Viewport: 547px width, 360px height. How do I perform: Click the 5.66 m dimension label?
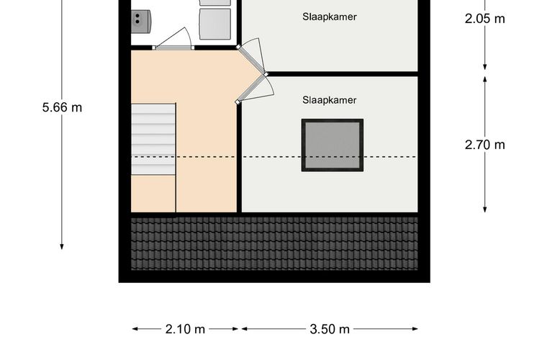click(62, 107)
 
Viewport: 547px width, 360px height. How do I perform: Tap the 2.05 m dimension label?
click(485, 19)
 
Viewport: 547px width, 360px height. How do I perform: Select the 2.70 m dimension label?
click(485, 145)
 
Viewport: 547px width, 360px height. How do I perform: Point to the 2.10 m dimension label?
click(185, 329)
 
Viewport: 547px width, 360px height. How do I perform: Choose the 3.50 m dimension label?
click(330, 329)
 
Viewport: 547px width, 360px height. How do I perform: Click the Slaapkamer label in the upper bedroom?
click(330, 17)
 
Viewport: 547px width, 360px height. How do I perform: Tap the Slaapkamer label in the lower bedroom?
click(330, 100)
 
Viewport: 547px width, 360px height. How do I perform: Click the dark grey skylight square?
click(333, 145)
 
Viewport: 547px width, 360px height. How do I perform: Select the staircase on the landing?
click(153, 139)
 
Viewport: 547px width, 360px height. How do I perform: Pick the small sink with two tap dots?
click(140, 22)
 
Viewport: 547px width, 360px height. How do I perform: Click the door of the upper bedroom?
click(252, 60)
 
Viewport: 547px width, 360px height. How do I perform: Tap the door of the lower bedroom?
click(253, 89)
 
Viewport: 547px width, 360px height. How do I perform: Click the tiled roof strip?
click(274, 243)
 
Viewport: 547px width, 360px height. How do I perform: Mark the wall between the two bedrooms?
click(342, 74)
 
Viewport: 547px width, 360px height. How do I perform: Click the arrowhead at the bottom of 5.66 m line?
click(62, 247)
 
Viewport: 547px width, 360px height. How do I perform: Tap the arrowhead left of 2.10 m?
click(135, 328)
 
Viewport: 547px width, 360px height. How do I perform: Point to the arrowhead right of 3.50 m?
click(415, 328)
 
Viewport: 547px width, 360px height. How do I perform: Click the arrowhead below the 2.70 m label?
click(485, 209)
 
